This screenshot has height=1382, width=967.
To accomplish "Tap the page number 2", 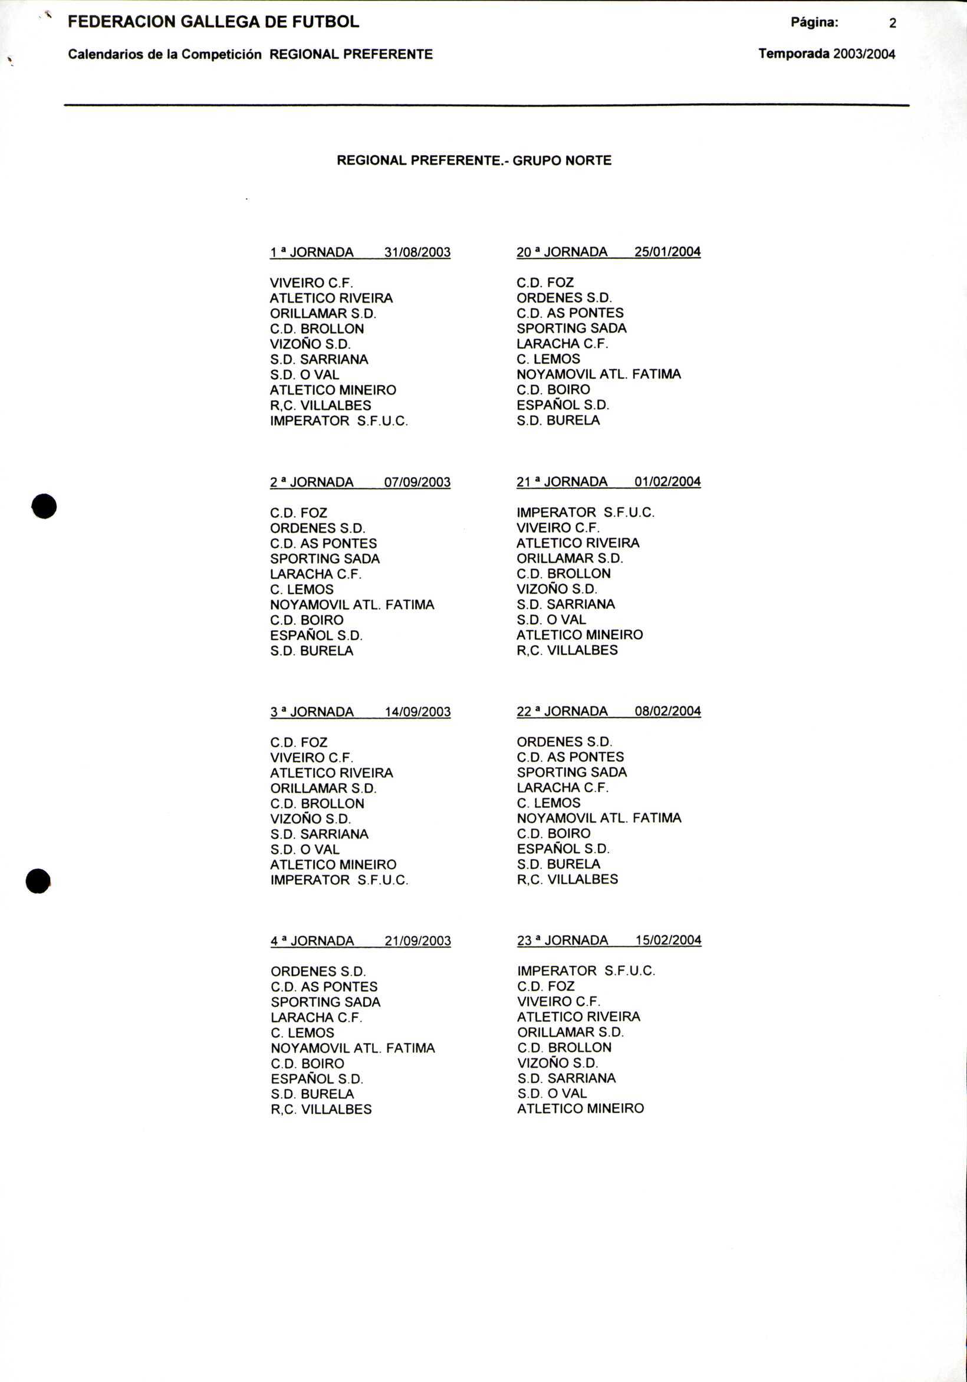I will point(892,24).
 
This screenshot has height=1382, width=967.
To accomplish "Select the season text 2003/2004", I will point(863,54).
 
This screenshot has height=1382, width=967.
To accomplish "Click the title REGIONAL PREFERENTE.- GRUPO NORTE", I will point(474,161).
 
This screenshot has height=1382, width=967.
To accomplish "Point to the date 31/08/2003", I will point(417,252).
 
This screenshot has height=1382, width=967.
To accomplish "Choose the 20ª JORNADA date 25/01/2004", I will point(667,252).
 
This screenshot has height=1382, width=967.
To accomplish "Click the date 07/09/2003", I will point(417,482).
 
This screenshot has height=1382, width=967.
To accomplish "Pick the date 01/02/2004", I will point(667,482).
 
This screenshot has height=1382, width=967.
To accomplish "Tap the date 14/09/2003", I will point(417,712).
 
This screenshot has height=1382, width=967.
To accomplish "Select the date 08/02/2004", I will point(667,711).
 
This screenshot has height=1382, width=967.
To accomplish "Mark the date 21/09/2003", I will point(417,941).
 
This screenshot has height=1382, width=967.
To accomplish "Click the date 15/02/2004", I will point(667,940).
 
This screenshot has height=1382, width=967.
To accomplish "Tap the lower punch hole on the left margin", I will point(38,881).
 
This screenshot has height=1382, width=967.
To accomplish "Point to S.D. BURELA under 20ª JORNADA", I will point(558,421).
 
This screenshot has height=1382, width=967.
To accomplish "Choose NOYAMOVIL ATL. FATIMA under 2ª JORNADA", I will point(352,605).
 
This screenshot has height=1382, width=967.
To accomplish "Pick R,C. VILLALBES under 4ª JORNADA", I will point(321,1110).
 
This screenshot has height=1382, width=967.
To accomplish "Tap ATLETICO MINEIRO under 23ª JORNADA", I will point(580,1108).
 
